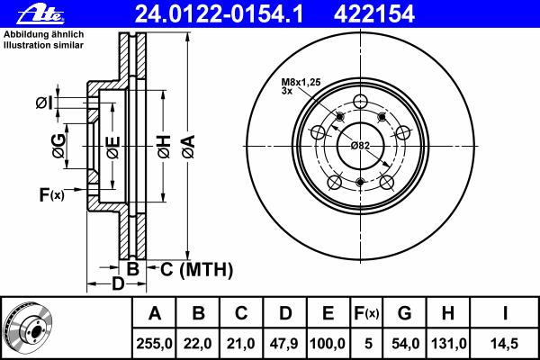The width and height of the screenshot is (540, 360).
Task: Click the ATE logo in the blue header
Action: click(x=40, y=14)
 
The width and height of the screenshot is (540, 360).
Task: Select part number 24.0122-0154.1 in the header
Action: click(x=219, y=14)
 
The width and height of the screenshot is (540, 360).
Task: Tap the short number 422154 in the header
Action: click(x=374, y=14)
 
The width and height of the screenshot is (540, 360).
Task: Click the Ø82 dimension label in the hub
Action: click(x=360, y=146)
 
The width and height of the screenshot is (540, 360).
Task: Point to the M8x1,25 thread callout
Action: click(x=301, y=82)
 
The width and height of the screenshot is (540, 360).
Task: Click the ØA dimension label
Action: click(x=189, y=147)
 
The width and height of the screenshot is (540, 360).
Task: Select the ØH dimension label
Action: click(x=165, y=147)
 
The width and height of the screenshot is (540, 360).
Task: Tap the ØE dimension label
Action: click(x=113, y=148)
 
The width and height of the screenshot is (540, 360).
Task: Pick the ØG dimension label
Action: click(x=58, y=146)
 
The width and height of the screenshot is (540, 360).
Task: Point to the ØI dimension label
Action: click(x=45, y=103)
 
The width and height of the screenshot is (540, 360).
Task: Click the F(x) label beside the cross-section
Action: click(x=51, y=194)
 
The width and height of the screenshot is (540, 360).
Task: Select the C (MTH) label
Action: click(x=196, y=269)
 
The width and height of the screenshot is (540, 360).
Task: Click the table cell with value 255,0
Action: click(x=154, y=344)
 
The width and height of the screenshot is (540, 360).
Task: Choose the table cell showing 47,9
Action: click(x=284, y=344)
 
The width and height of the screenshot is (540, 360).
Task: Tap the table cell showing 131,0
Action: click(x=448, y=344)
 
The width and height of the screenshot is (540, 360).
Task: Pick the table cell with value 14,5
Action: click(x=504, y=344)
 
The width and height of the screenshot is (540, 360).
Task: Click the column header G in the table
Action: click(x=404, y=313)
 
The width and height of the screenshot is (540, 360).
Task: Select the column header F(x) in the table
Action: click(x=366, y=313)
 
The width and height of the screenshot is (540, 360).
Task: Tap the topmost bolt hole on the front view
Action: click(x=360, y=102)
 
